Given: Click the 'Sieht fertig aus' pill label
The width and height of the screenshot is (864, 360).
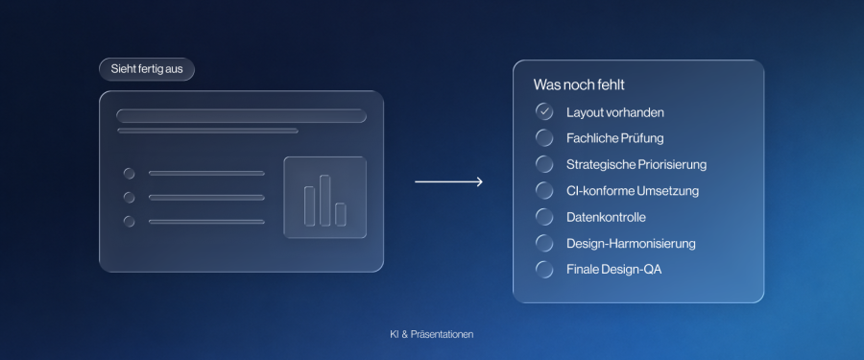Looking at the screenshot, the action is tap(147, 69).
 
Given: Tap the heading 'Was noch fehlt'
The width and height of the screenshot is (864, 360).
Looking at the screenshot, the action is tap(579, 85).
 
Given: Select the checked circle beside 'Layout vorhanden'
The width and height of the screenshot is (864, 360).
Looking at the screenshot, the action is tap(544, 112).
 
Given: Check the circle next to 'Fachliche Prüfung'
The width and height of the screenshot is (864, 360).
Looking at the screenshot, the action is tap(544, 138).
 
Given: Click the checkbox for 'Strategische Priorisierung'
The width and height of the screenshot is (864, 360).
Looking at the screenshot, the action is tap(544, 164).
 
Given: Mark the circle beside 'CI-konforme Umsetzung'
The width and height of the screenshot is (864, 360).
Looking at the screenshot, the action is tap(544, 191).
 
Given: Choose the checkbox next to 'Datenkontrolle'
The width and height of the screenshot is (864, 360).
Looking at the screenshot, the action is tap(544, 217).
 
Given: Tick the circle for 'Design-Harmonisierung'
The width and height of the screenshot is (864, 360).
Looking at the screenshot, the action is tap(544, 243).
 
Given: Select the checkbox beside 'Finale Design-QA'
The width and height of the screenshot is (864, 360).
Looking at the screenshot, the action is tap(544, 270).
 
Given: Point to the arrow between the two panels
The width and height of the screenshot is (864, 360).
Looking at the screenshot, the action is tap(448, 181).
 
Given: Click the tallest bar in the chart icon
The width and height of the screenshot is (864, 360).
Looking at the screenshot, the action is tap(325, 201).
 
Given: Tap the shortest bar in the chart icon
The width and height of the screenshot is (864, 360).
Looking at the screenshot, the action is tap(341, 214).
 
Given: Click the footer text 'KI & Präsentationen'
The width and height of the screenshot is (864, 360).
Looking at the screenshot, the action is tap(431, 335).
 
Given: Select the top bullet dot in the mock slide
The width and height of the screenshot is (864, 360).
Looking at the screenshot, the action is tap(129, 174).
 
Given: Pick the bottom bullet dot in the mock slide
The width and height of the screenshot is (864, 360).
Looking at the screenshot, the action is tap(129, 222).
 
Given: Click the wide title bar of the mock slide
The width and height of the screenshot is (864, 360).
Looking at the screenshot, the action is tap(241, 116).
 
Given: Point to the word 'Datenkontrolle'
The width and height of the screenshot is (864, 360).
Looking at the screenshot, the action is tap(606, 217).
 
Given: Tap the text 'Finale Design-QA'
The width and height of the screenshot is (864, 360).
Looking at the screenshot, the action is tap(613, 270).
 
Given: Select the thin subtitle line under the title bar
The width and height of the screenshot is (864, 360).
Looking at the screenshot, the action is tap(207, 131).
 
